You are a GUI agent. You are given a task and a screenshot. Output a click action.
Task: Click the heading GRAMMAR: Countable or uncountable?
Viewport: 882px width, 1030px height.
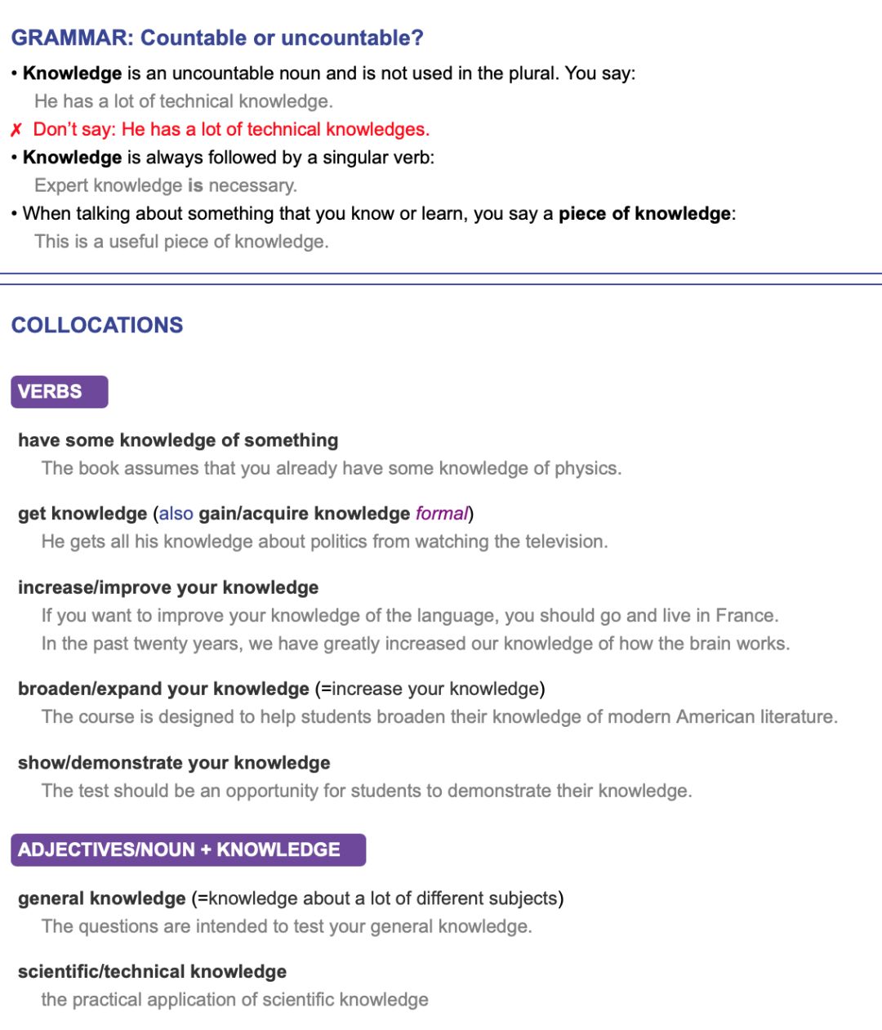click(217, 38)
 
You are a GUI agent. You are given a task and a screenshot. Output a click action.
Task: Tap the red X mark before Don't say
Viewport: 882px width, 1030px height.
click(16, 130)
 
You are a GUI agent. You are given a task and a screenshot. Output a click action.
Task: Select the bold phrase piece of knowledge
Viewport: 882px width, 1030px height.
click(644, 213)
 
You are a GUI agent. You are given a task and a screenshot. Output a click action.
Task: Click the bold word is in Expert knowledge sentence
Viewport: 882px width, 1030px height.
click(195, 185)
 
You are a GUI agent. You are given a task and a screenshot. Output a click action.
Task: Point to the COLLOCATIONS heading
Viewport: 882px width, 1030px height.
click(97, 325)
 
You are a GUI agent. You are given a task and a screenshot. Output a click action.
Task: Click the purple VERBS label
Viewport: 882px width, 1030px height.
click(59, 391)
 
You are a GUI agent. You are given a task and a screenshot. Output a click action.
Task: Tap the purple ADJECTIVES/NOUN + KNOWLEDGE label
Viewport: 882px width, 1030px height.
click(188, 849)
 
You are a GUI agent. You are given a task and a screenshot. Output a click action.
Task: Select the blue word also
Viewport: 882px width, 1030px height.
click(176, 513)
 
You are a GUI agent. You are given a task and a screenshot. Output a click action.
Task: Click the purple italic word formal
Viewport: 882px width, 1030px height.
click(442, 513)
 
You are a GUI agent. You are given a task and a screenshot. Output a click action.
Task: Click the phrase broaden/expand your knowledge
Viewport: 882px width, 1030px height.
click(163, 689)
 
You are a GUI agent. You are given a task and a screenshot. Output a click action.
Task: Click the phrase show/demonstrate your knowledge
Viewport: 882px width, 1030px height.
click(174, 762)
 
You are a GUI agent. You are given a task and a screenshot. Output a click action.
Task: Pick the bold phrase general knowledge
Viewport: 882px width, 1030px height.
click(102, 898)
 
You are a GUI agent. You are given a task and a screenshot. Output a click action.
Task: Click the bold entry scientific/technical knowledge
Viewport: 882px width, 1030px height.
click(152, 971)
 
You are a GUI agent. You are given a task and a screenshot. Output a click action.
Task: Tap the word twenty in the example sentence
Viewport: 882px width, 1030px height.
click(187, 644)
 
